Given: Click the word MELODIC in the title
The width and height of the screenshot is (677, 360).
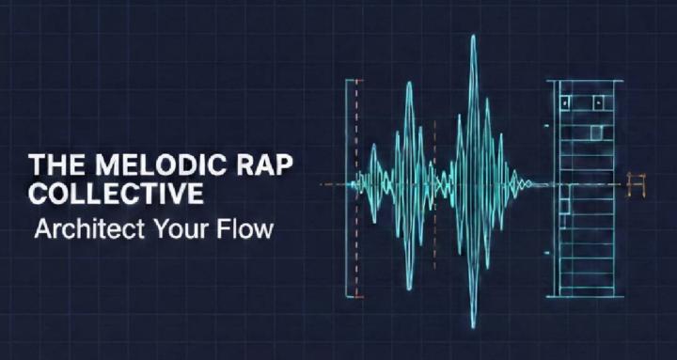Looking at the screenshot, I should tap(152, 164).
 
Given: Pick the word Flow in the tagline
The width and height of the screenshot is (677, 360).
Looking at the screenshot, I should tap(247, 228).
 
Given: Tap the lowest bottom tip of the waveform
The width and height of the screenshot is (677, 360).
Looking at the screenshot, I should tap(474, 326).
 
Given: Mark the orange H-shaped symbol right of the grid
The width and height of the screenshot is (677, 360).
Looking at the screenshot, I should tap(638, 185).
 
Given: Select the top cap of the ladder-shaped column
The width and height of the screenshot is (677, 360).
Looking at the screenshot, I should tap(584, 82).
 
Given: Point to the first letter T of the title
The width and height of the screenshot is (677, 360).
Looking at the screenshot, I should tap(36, 164).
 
